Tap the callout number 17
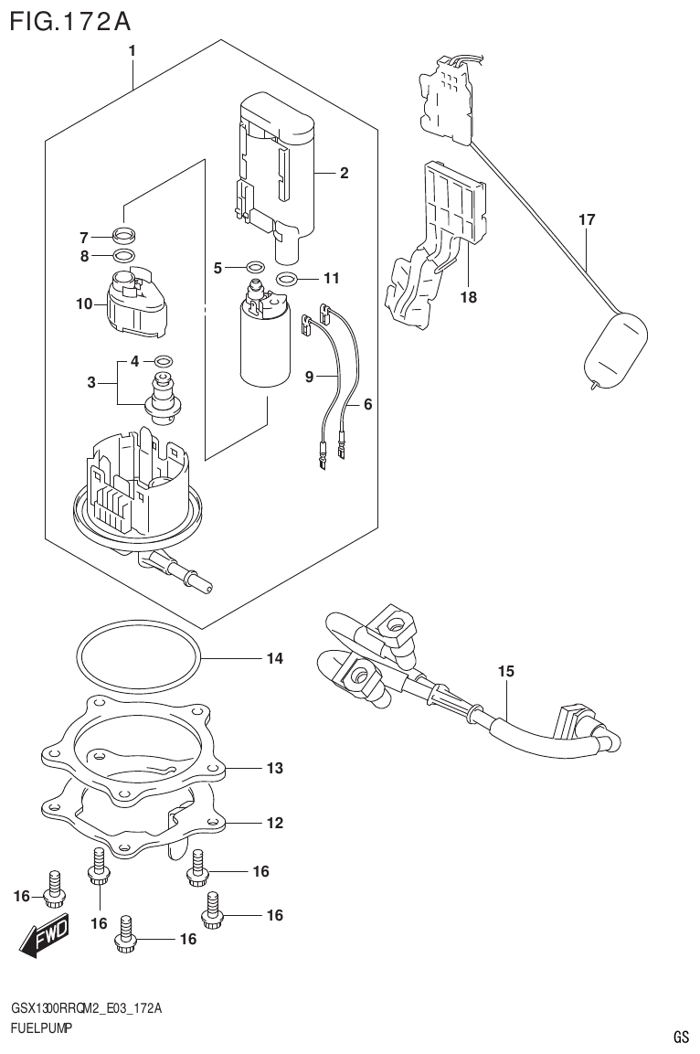point(587,219)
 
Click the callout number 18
point(469,297)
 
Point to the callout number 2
point(345,173)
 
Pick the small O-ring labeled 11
point(285,279)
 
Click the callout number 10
point(84,303)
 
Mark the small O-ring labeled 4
point(163,361)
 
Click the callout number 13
point(275,768)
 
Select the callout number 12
point(275,823)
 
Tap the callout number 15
point(506,672)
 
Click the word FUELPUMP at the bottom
point(41,1028)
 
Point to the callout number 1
point(133,51)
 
